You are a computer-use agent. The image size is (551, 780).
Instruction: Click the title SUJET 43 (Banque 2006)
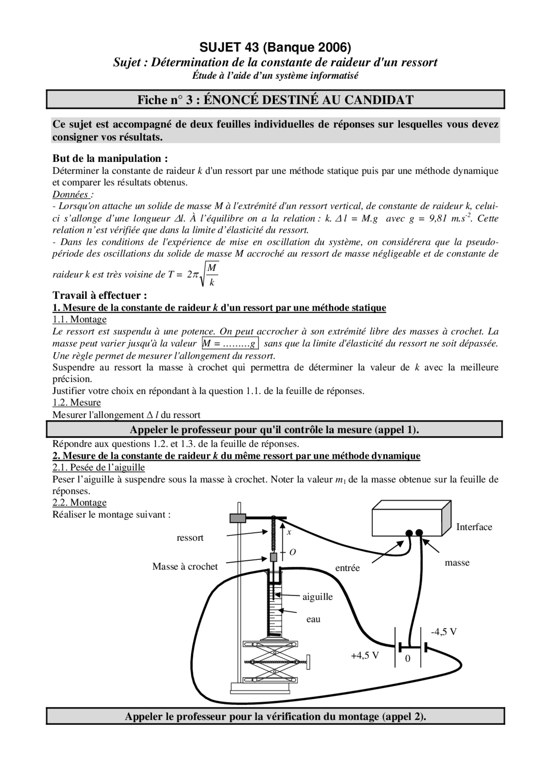click(x=275, y=47)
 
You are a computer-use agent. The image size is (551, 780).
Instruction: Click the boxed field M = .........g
click(x=230, y=343)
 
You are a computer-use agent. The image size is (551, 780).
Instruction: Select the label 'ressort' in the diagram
click(x=190, y=538)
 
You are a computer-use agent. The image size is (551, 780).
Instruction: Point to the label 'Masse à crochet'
click(x=185, y=567)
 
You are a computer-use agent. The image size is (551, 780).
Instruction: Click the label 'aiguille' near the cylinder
click(x=317, y=597)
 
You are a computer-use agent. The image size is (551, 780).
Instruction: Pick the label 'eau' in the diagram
click(x=313, y=619)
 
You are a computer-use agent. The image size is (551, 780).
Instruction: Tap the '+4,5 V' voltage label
click(x=365, y=656)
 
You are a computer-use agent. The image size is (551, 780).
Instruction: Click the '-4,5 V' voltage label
click(x=444, y=632)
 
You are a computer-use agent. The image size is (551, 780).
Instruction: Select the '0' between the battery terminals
click(x=408, y=659)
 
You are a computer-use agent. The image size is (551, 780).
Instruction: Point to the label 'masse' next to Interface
click(x=457, y=563)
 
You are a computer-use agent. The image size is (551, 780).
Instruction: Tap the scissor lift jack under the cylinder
click(x=271, y=662)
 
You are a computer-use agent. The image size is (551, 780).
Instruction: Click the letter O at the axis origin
click(x=293, y=552)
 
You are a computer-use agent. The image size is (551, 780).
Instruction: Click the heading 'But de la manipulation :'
click(x=110, y=158)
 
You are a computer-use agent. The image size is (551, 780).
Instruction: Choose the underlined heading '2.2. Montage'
click(x=79, y=503)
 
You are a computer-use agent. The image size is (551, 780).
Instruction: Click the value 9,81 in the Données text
click(x=438, y=218)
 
